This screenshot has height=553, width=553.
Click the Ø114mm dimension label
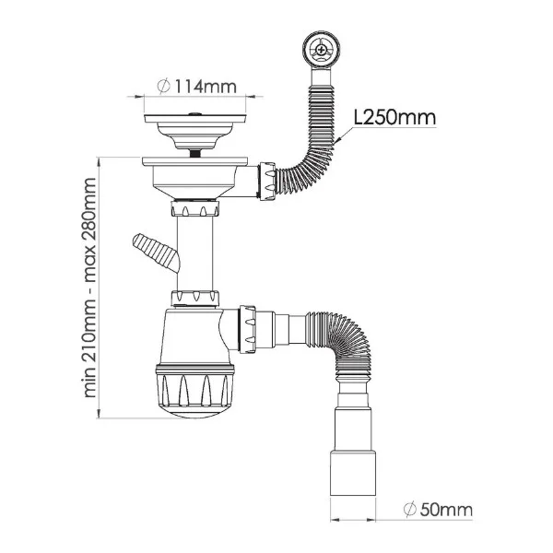(197, 87)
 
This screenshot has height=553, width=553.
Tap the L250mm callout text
(395, 117)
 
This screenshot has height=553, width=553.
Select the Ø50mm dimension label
(438, 510)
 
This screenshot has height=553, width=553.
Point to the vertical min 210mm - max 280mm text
(90, 288)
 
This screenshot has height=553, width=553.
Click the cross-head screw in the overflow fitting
(321, 50)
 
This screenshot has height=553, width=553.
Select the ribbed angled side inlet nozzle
(156, 253)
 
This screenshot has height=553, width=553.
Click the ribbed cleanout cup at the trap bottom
(194, 392)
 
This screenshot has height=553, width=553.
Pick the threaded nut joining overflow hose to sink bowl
(267, 181)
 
